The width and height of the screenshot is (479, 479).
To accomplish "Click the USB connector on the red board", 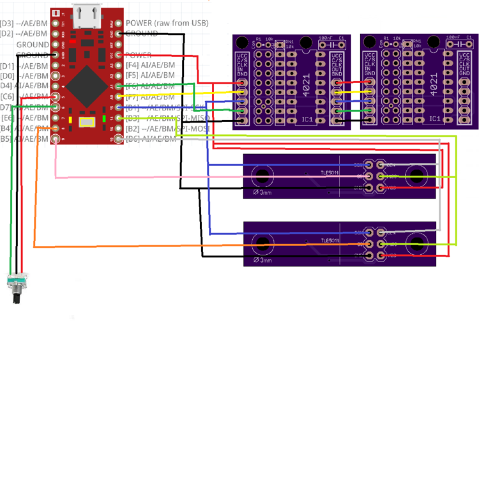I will (x=86, y=17).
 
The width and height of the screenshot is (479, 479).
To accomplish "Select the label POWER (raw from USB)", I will (x=167, y=24).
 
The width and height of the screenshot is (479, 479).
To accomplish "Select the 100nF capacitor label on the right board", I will (x=454, y=38).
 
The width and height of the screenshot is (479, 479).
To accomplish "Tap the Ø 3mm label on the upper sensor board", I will (x=262, y=192).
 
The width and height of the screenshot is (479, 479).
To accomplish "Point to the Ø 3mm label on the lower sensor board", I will (x=262, y=260).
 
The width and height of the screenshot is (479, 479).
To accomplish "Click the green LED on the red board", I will (x=103, y=119).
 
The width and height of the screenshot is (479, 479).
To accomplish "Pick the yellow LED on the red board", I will (x=69, y=119).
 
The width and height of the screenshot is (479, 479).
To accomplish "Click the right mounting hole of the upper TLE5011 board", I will (x=416, y=176).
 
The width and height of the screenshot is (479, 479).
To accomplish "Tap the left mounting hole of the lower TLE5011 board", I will (x=262, y=243).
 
